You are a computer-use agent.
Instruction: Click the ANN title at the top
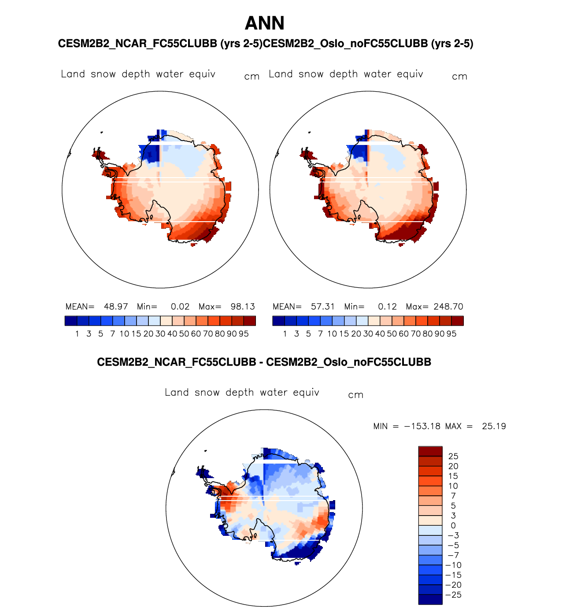click(x=264, y=23)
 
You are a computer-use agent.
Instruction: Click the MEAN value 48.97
click(x=115, y=307)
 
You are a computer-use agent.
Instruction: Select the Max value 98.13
click(x=243, y=307)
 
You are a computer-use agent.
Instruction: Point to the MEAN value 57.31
click(x=323, y=307)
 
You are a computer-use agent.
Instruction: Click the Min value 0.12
click(x=387, y=307)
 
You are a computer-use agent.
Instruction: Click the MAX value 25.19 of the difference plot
click(x=494, y=427)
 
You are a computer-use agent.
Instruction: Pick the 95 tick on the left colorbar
click(x=244, y=334)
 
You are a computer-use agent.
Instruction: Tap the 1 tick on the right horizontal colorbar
click(x=285, y=334)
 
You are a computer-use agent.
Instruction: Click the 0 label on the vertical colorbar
click(x=453, y=526)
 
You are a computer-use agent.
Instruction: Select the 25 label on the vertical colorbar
click(x=453, y=457)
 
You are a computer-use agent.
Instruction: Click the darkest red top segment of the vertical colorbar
click(x=430, y=451)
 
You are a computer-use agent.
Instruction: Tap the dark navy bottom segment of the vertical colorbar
click(x=430, y=599)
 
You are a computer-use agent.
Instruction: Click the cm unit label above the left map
click(x=252, y=77)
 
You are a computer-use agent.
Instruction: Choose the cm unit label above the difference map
click(x=355, y=395)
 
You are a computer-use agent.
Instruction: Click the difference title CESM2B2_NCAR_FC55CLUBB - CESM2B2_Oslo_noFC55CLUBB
click(x=264, y=362)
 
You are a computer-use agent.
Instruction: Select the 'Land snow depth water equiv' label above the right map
click(x=346, y=74)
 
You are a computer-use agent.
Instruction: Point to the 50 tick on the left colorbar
click(x=184, y=334)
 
